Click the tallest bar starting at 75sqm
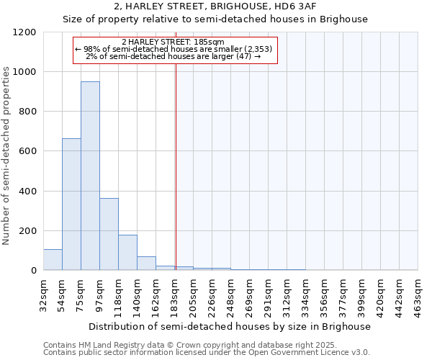[90, 176]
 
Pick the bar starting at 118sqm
[127, 252]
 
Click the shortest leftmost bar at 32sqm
[53, 260]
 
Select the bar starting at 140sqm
[146, 264]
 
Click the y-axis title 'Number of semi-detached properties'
[6, 151]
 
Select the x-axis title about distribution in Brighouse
[230, 326]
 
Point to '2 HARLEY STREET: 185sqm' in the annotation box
[173, 42]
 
